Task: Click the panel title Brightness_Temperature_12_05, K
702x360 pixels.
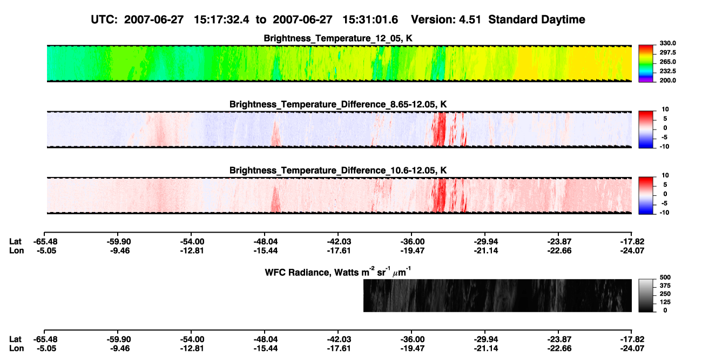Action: click(338, 38)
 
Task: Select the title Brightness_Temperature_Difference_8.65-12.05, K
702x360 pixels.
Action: click(338, 104)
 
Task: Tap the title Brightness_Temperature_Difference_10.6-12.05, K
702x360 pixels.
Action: click(338, 171)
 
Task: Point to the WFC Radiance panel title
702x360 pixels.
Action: click(338, 272)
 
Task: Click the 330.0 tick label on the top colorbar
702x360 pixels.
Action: click(667, 43)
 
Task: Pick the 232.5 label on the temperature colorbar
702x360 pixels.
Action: click(667, 71)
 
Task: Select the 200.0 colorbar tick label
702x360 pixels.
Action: click(667, 80)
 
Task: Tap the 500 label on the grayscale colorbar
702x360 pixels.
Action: click(665, 277)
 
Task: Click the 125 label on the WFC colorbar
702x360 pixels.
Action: click(665, 302)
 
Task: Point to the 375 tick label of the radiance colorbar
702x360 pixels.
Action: click(665, 286)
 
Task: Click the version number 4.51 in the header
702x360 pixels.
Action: click(470, 19)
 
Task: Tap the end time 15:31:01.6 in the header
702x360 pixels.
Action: click(370, 19)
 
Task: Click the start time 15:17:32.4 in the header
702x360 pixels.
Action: click(221, 19)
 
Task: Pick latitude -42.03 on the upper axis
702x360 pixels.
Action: click(338, 242)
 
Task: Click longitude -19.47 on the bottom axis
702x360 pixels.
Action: click(411, 349)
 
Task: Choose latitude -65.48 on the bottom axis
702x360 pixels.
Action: click(45, 339)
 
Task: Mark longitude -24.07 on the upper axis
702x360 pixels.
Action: click(632, 250)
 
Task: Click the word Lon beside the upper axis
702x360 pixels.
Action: click(16, 250)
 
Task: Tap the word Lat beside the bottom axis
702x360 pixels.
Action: click(15, 339)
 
